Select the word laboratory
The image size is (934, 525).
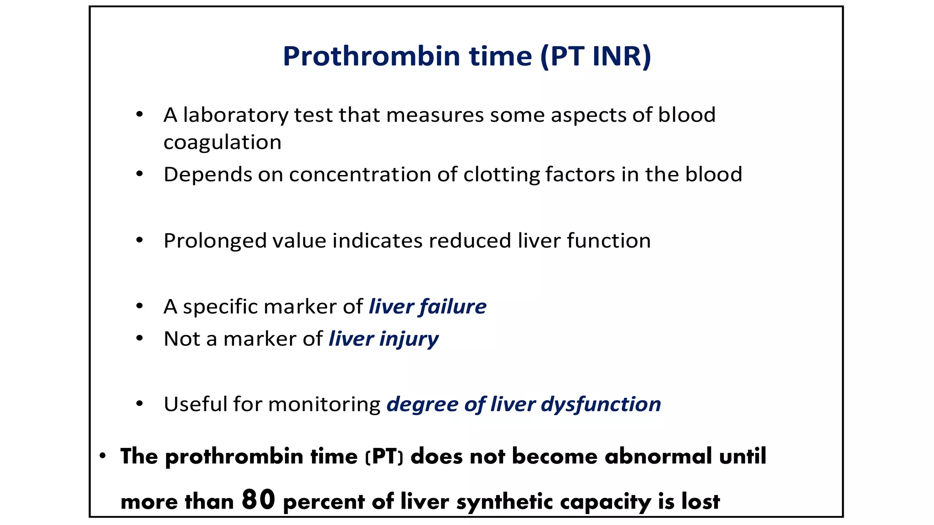235,115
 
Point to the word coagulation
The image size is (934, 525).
222,143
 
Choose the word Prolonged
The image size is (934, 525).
214,241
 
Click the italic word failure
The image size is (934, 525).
453,306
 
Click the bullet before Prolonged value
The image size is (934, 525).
140,240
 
